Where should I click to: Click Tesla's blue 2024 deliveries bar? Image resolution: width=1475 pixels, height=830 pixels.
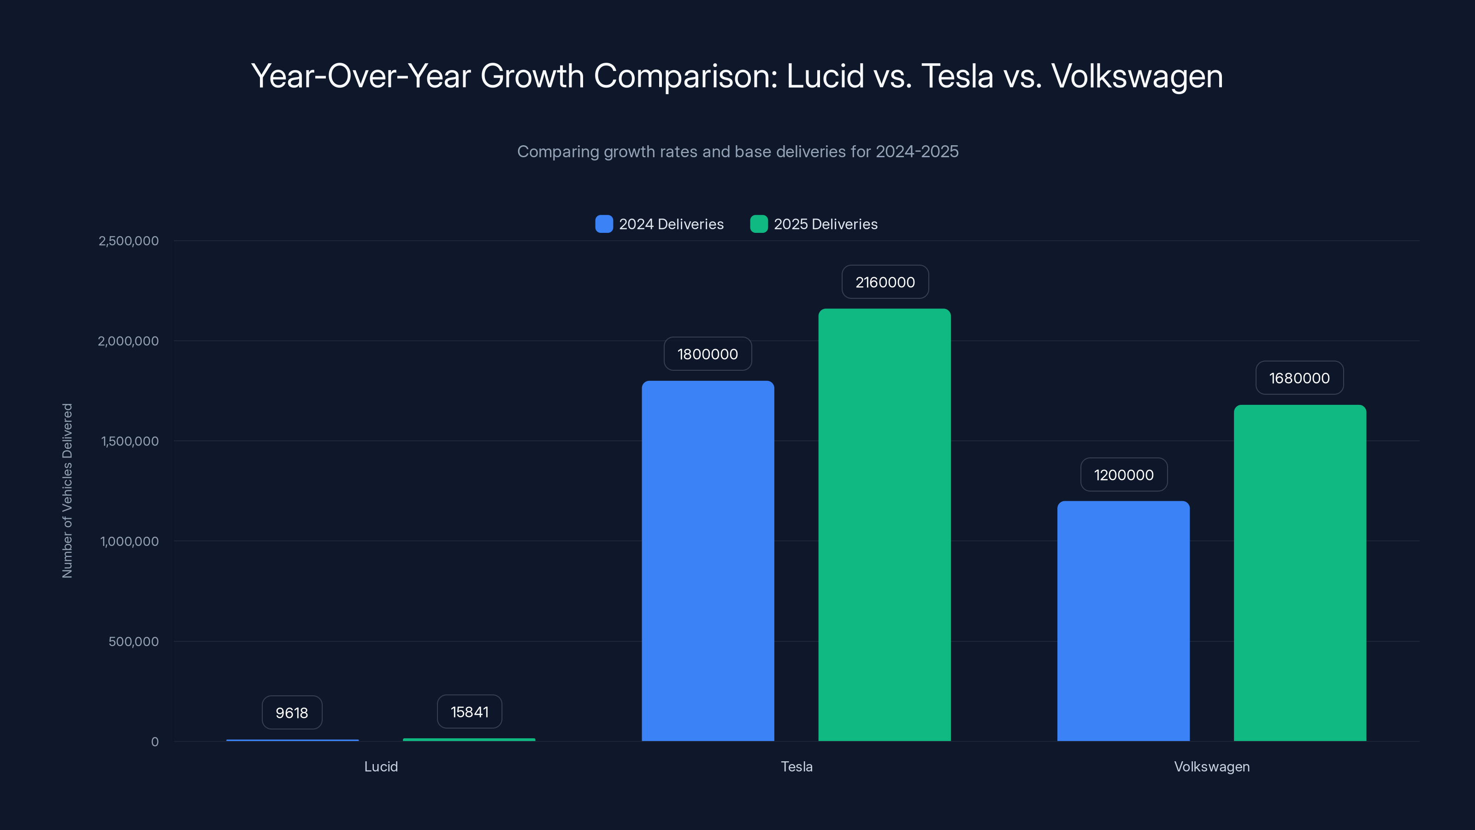coord(708,561)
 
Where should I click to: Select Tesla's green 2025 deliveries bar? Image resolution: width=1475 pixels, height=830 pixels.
coord(884,525)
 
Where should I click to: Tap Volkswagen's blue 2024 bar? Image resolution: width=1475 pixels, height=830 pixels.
coord(1123,621)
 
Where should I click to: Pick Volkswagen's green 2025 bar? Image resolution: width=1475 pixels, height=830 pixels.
coord(1300,573)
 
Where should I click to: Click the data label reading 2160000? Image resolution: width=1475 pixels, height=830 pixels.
coord(885,282)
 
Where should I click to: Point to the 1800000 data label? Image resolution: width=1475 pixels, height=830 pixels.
coord(707,354)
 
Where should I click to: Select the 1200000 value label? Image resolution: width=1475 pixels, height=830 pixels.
coord(1123,475)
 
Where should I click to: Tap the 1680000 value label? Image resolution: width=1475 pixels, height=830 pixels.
coord(1299,378)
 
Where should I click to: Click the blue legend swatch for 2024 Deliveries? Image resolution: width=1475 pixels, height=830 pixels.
coord(604,224)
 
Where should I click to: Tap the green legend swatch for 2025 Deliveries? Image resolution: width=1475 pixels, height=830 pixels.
coord(759,224)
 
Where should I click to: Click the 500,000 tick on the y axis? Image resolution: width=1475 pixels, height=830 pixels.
coord(133,641)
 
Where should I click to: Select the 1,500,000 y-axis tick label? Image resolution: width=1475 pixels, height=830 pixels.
coord(130,441)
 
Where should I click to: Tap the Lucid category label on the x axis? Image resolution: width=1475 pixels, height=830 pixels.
coord(381,766)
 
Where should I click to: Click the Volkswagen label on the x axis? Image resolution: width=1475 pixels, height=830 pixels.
coord(1212,766)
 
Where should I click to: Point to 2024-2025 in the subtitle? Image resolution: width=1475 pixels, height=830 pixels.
coord(917,151)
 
